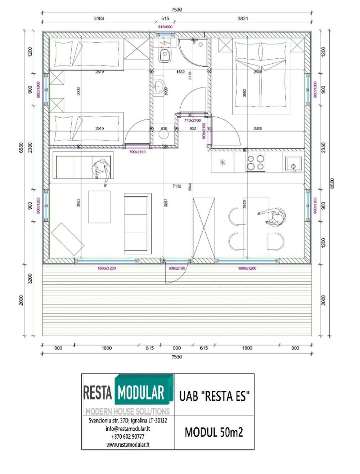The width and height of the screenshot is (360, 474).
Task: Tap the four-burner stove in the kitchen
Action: pyautogui.click(x=255, y=162)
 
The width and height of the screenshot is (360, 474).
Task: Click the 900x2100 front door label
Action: pyautogui.click(x=177, y=268)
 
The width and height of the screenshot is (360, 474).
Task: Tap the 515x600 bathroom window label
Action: pyautogui.click(x=165, y=27)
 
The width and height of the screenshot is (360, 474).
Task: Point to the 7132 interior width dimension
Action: pyautogui.click(x=177, y=186)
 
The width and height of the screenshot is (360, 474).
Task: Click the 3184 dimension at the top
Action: pyautogui.click(x=99, y=18)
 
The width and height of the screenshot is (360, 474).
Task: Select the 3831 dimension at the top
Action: pyautogui.click(x=243, y=18)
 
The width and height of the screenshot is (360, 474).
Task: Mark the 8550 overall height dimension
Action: pyautogui.click(x=333, y=183)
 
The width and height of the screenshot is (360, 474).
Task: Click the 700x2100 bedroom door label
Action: pyautogui.click(x=137, y=152)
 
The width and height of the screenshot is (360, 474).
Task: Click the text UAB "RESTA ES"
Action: pyautogui.click(x=214, y=396)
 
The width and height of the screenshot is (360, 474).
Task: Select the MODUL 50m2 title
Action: pyautogui.click(x=214, y=432)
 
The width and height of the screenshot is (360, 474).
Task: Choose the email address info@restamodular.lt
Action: pyautogui.click(x=128, y=429)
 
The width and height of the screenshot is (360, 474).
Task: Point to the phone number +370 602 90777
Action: pyautogui.click(x=128, y=437)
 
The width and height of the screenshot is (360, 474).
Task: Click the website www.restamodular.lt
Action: pyautogui.click(x=128, y=444)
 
